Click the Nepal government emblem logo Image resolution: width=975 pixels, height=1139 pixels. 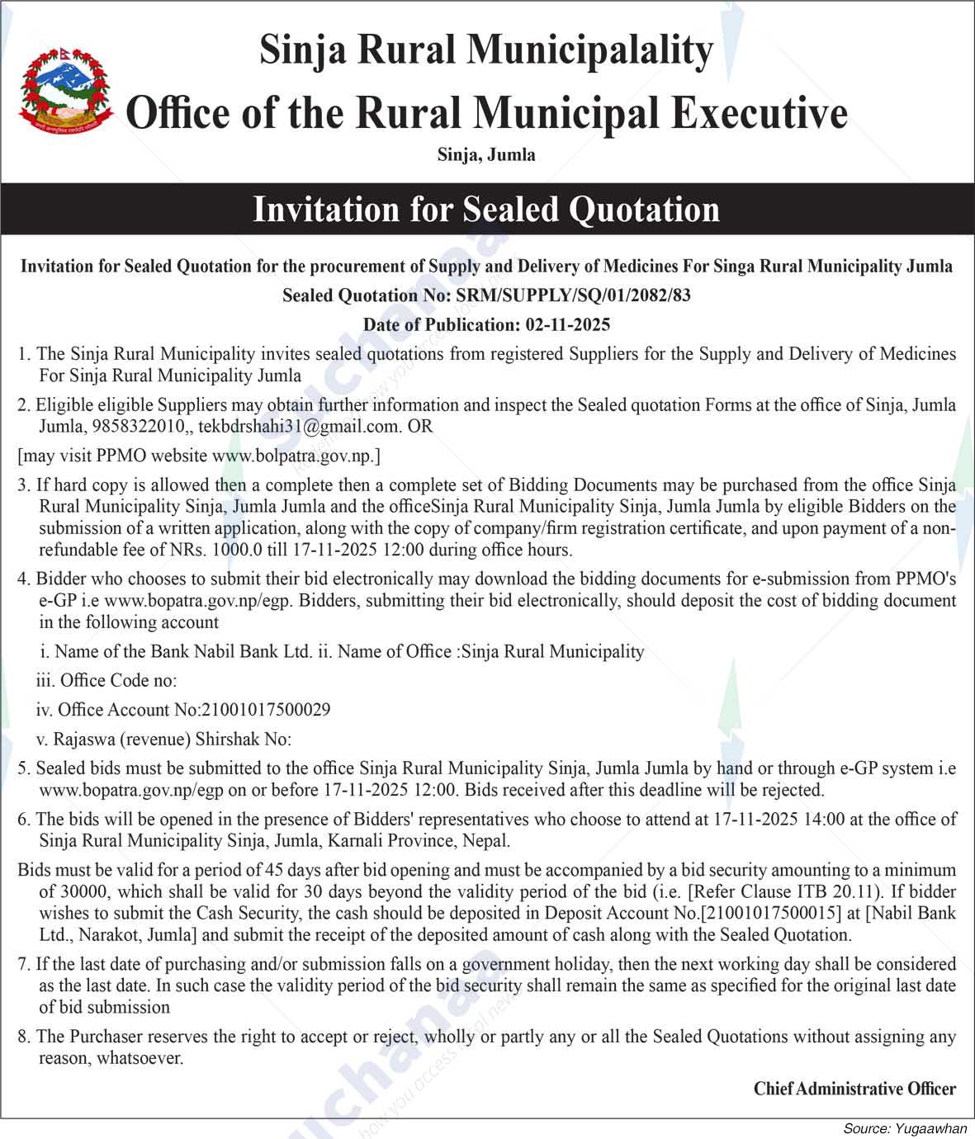click(66, 90)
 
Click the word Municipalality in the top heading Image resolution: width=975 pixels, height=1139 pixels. click(589, 50)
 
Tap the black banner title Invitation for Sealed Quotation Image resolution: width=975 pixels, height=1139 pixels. click(486, 209)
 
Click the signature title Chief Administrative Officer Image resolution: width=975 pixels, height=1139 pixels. click(854, 1089)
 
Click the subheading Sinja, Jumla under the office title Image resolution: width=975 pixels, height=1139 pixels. click(486, 154)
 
